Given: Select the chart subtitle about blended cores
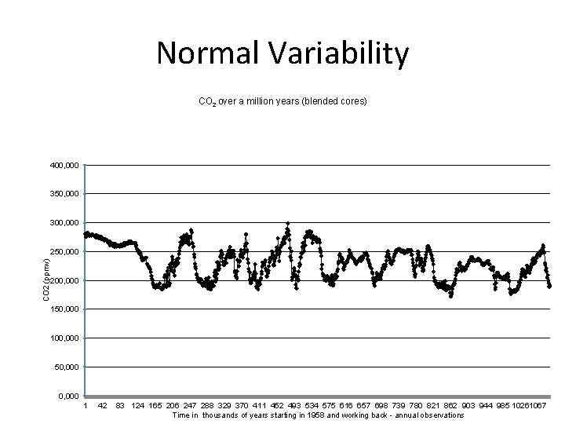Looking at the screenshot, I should tap(282, 102).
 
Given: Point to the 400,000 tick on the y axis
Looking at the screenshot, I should tap(63, 166).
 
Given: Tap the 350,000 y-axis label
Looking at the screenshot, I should tap(63, 194).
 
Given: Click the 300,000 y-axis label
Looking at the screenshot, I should tap(63, 223).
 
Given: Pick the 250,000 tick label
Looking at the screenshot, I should tap(63, 252).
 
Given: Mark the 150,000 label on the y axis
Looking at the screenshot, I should tap(63, 309).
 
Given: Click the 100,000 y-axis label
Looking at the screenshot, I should tap(63, 338).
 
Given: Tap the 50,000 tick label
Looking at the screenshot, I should tap(65, 367).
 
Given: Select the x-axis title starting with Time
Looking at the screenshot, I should tap(318, 415).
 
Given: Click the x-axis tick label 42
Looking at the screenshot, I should tap(102, 405).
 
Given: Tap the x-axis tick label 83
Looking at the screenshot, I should tap(120, 405).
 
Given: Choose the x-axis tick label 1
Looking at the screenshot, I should tap(86, 405).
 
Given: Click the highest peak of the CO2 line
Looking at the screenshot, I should tap(288, 224).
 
